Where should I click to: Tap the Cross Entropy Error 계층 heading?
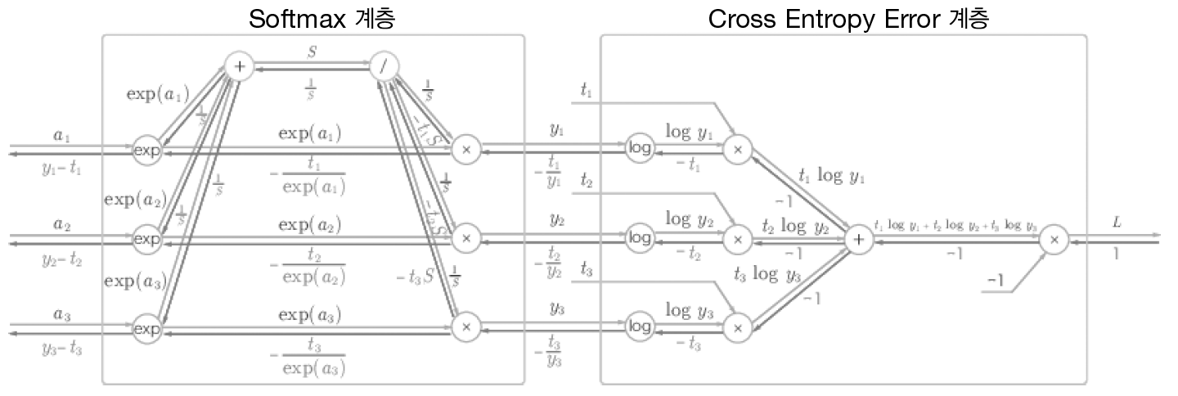[848, 18]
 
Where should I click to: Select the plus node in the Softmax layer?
[239, 66]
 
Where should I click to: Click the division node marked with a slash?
[383, 66]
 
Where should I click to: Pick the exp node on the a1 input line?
[147, 151]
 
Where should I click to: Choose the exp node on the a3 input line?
[147, 328]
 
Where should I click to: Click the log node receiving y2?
[639, 238]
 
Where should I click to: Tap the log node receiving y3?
[639, 327]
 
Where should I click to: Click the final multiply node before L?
[1054, 239]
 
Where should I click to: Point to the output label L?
[1117, 222]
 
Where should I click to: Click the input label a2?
[61, 223]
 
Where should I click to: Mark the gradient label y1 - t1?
[61, 169]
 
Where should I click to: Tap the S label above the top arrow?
[312, 51]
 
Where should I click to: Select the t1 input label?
[586, 91]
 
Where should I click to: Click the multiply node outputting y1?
[466, 149]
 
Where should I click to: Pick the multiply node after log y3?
[737, 327]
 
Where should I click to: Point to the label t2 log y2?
[794, 226]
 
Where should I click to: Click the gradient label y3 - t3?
[61, 348]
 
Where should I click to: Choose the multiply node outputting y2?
[466, 238]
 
